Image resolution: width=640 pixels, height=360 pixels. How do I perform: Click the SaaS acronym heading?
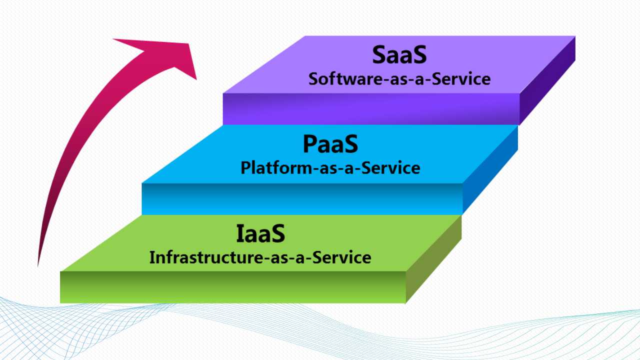[399, 54]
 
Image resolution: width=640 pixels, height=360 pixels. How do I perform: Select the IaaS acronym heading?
[260, 233]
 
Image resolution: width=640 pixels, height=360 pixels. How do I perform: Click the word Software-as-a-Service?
[399, 79]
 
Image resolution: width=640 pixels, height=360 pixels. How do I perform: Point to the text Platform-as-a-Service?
[330, 167]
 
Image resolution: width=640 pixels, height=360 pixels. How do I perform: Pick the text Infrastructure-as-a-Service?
[260, 257]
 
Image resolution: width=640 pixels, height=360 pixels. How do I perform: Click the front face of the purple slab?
[371, 109]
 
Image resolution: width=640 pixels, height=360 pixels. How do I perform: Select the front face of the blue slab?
[302, 199]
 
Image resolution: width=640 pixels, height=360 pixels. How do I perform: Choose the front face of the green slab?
[233, 287]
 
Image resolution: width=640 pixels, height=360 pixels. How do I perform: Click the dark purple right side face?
[547, 80]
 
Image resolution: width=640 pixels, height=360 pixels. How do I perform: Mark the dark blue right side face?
[490, 169]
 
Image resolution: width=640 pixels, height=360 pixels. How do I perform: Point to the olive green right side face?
[433, 259]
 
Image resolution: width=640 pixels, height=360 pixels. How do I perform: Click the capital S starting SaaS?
[378, 54]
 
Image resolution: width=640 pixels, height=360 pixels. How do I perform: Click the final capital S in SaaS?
[420, 54]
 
